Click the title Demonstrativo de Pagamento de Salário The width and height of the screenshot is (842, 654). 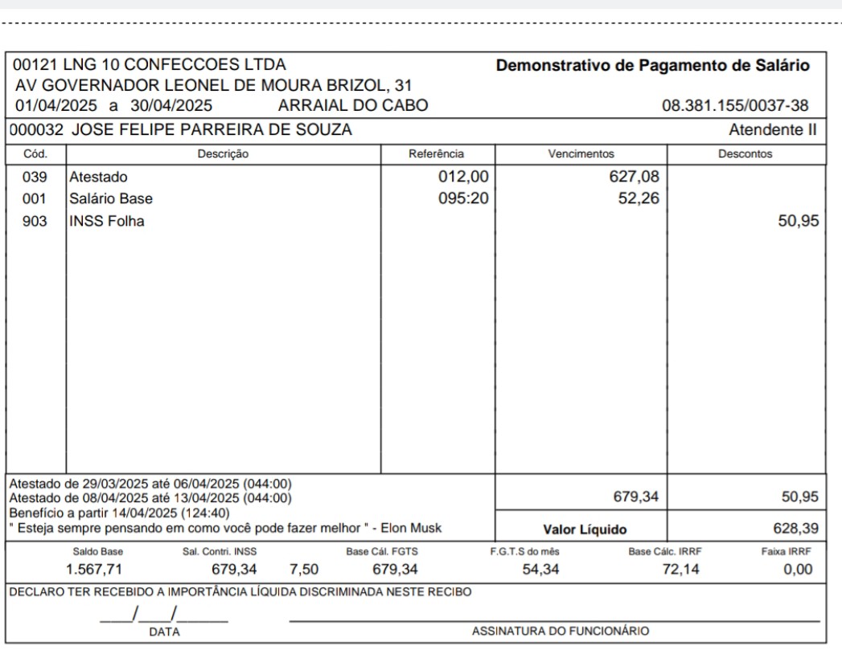(653, 65)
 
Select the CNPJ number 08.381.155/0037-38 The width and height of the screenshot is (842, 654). (735, 105)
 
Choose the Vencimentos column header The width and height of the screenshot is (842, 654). (581, 153)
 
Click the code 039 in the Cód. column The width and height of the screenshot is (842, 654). (35, 177)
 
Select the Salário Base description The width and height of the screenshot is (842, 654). (111, 198)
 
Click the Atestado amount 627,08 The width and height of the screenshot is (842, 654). (635, 177)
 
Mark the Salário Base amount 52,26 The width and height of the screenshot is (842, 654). (639, 198)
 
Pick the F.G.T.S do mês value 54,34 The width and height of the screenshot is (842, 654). (532, 570)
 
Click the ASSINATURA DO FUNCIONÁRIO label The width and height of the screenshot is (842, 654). (560, 632)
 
